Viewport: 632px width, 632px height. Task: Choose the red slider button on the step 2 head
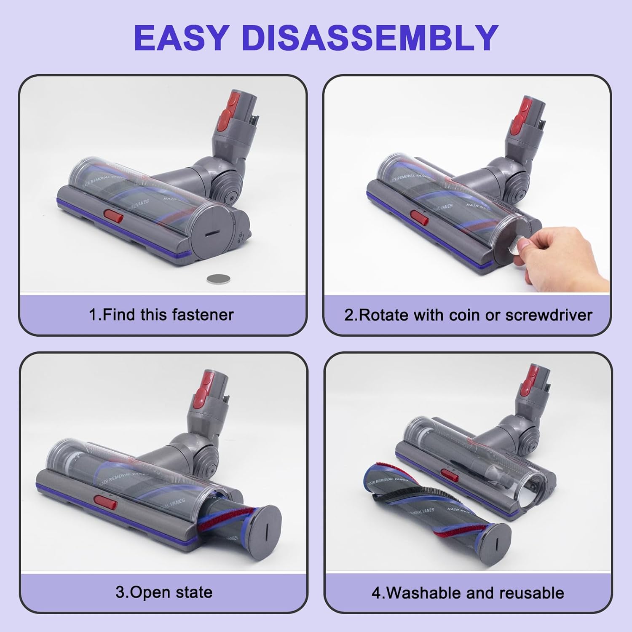(418, 218)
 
